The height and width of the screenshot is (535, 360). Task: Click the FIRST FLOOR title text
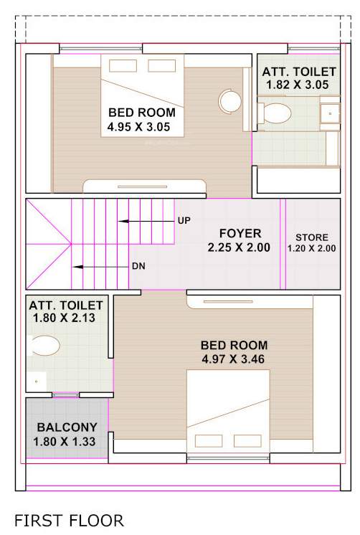click(x=69, y=519)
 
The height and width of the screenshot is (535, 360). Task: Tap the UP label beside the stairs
click(x=184, y=221)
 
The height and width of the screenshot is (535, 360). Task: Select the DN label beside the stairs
click(x=138, y=267)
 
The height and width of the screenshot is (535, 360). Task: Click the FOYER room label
click(x=240, y=234)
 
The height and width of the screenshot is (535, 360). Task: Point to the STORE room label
click(x=312, y=237)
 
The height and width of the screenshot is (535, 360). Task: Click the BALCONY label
click(x=67, y=427)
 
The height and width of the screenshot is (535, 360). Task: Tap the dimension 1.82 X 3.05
click(x=298, y=85)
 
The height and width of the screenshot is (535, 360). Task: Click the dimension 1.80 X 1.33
click(x=67, y=441)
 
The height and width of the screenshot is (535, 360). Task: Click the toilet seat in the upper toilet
click(x=276, y=113)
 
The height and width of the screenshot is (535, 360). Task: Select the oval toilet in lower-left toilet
click(x=46, y=347)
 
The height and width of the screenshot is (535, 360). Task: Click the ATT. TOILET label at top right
click(x=298, y=72)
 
